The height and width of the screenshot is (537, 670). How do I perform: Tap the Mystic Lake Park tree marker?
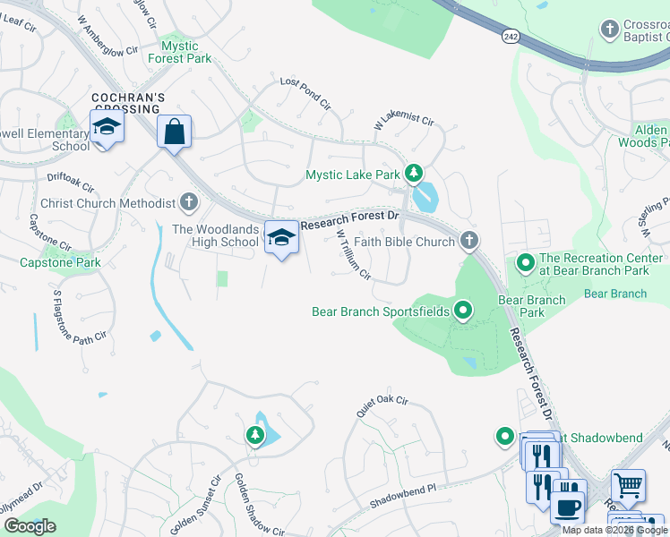[413, 173]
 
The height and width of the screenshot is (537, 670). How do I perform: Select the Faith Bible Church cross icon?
[468, 240]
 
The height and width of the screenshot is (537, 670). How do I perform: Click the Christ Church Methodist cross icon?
[188, 202]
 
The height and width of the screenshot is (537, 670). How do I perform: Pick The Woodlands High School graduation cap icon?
[281, 237]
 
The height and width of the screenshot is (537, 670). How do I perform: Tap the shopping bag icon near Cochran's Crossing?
[174, 132]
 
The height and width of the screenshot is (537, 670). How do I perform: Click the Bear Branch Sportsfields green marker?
[463, 311]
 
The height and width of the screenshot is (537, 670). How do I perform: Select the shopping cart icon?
[628, 486]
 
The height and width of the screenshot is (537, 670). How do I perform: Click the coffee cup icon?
[568, 506]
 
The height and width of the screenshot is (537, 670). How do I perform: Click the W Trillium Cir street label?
[353, 254]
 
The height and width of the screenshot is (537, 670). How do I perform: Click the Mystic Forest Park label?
[185, 52]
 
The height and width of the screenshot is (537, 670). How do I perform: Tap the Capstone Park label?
[60, 262]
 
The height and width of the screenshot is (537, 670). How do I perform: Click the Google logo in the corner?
[30, 525]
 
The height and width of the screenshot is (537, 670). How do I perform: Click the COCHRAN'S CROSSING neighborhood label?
[131, 102]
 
